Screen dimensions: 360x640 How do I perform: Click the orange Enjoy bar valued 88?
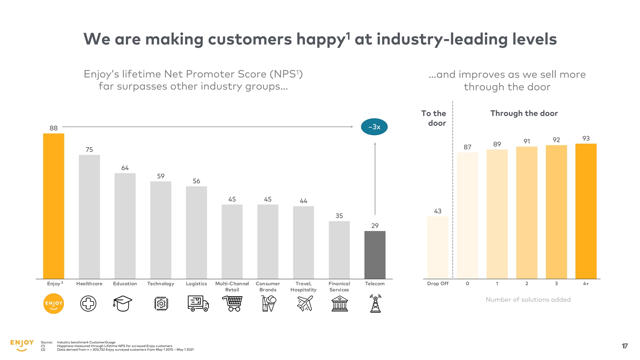click(x=53, y=206)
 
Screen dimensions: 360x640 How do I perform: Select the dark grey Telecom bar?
click(x=375, y=255)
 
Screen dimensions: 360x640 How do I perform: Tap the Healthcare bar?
click(x=89, y=217)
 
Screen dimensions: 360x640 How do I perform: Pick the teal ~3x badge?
click(x=374, y=127)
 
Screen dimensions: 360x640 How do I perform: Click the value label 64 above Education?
click(x=125, y=168)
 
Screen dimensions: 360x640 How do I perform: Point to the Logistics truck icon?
click(x=198, y=303)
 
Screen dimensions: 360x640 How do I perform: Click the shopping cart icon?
click(x=232, y=303)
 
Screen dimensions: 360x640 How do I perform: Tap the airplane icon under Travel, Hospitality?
click(x=305, y=303)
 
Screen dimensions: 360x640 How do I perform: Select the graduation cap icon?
click(x=123, y=303)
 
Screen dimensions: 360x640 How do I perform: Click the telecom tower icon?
click(x=376, y=303)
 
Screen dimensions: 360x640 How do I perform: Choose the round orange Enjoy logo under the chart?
click(x=53, y=304)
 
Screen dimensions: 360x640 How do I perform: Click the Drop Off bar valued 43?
click(x=438, y=247)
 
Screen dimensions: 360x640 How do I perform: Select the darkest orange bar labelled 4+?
click(x=586, y=211)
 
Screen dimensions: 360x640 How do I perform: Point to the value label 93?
click(x=586, y=139)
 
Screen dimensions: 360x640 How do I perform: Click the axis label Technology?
click(x=161, y=284)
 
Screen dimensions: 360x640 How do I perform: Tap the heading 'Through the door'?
click(x=524, y=114)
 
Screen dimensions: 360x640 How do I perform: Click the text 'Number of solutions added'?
click(x=528, y=300)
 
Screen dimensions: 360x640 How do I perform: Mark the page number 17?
click(x=625, y=346)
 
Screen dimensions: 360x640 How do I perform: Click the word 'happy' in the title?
click(x=320, y=40)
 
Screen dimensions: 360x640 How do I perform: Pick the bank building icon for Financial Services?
click(x=340, y=303)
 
